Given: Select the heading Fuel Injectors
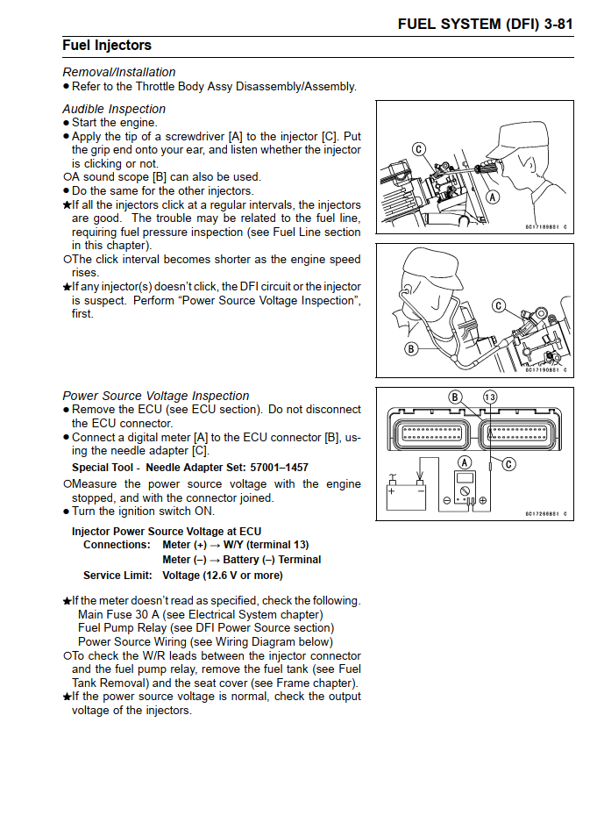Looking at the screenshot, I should click(107, 46).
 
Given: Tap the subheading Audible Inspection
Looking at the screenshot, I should click(114, 109).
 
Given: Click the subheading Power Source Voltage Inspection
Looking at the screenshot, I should click(156, 396).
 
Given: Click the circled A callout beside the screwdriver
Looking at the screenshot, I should click(493, 197).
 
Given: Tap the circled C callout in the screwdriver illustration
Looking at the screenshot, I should click(419, 149).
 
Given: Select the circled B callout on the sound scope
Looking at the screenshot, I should click(410, 348).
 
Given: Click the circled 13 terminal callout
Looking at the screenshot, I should click(489, 397).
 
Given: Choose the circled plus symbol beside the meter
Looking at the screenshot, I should click(482, 500).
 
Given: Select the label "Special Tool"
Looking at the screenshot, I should click(103, 468).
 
